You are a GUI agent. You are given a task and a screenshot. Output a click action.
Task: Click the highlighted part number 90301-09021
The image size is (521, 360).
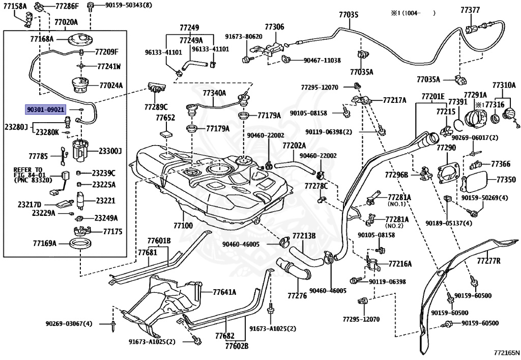coord(45,109)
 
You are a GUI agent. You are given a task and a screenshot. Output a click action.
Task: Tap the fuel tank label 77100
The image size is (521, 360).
coord(183,226)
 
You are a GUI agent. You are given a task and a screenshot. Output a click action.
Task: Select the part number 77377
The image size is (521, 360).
coord(470,10)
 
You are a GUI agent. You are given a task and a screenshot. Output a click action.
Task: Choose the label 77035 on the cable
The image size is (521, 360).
coord(349,15)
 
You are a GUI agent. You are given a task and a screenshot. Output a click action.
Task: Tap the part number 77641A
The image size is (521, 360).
coord(224,292)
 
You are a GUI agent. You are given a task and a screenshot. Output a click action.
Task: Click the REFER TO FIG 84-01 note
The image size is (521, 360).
coord(33,175)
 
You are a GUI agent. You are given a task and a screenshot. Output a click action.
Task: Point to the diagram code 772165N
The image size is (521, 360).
coord(505,352)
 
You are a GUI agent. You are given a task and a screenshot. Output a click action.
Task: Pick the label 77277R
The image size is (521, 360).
coord(488,261)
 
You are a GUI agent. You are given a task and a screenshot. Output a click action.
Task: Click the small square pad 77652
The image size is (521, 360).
coord(166,134)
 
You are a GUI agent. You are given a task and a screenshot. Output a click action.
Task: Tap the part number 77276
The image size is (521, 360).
coord(297,295)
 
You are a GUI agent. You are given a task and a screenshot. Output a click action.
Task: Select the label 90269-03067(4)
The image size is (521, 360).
coord(69,323)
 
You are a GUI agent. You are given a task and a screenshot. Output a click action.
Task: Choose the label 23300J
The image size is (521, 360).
coord(110,151)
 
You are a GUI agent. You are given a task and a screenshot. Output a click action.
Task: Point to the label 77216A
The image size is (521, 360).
coord(400,264)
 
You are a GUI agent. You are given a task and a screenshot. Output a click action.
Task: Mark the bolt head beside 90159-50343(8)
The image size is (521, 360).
coord(90,7)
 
